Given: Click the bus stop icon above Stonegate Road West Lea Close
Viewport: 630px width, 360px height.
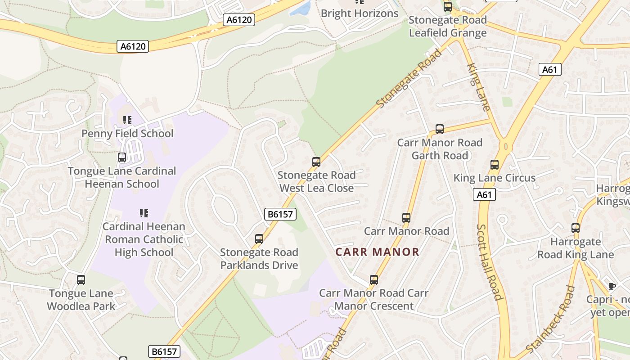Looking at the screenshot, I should tap(316, 162).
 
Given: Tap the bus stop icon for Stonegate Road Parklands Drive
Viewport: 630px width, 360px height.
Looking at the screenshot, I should tap(259, 239).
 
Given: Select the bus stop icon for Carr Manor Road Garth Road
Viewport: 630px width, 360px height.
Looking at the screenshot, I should tap(440, 130).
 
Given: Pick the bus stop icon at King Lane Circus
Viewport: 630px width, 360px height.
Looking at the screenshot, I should tap(495, 165).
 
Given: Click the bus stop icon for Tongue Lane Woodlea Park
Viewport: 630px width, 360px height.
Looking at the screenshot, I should tap(81, 280).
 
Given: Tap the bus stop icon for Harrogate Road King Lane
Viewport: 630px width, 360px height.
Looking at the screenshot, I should tap(576, 228).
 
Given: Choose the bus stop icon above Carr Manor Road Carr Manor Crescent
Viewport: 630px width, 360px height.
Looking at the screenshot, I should tap(374, 280).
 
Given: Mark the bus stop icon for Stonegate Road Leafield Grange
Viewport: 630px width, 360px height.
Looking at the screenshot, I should tap(448, 7).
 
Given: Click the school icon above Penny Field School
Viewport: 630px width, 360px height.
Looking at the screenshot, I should tap(127, 120).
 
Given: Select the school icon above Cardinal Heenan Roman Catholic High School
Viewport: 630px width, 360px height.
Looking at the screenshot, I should tap(144, 213).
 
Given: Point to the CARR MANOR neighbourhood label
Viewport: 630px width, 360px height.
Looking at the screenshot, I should tap(377, 252).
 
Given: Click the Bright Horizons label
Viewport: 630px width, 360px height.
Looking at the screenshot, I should tap(360, 13).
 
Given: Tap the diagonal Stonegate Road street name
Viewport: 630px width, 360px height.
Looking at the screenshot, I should tap(409, 79).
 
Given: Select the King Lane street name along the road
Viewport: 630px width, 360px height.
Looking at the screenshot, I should tap(478, 87).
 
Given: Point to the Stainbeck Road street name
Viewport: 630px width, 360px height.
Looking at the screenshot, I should tap(551, 319).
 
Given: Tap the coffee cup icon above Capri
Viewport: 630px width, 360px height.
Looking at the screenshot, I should tap(612, 286).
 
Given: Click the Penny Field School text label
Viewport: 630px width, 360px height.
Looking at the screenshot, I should tap(127, 134).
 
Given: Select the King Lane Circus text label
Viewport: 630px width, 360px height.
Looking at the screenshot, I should tap(495, 178).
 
